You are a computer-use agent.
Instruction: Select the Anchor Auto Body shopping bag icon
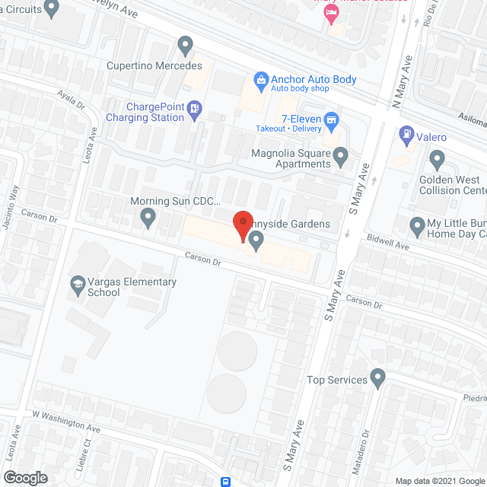point(261,79)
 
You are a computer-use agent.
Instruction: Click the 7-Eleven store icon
point(331,119)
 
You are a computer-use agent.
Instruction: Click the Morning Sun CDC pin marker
point(148,219)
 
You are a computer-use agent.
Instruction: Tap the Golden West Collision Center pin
point(437,160)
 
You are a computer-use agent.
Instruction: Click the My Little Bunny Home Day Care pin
point(417,226)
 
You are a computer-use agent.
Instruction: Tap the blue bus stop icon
point(226,481)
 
